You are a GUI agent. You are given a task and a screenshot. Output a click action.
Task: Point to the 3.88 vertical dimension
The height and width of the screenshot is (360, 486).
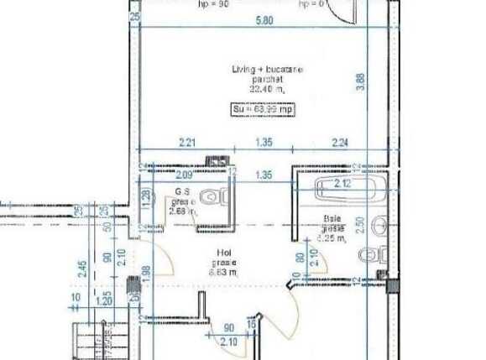pos(360,81)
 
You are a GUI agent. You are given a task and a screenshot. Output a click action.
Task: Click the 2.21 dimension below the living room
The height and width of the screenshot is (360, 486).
pos(186,143)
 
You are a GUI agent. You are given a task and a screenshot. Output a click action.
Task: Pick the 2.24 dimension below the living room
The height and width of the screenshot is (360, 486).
pos(339,143)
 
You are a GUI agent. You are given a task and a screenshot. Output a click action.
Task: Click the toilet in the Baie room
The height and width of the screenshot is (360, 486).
pos(369,254)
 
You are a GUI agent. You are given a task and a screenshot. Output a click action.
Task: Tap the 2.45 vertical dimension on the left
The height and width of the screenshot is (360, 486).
pos(83,269)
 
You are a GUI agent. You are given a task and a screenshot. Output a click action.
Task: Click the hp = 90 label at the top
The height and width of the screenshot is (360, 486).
pos(214,3)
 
